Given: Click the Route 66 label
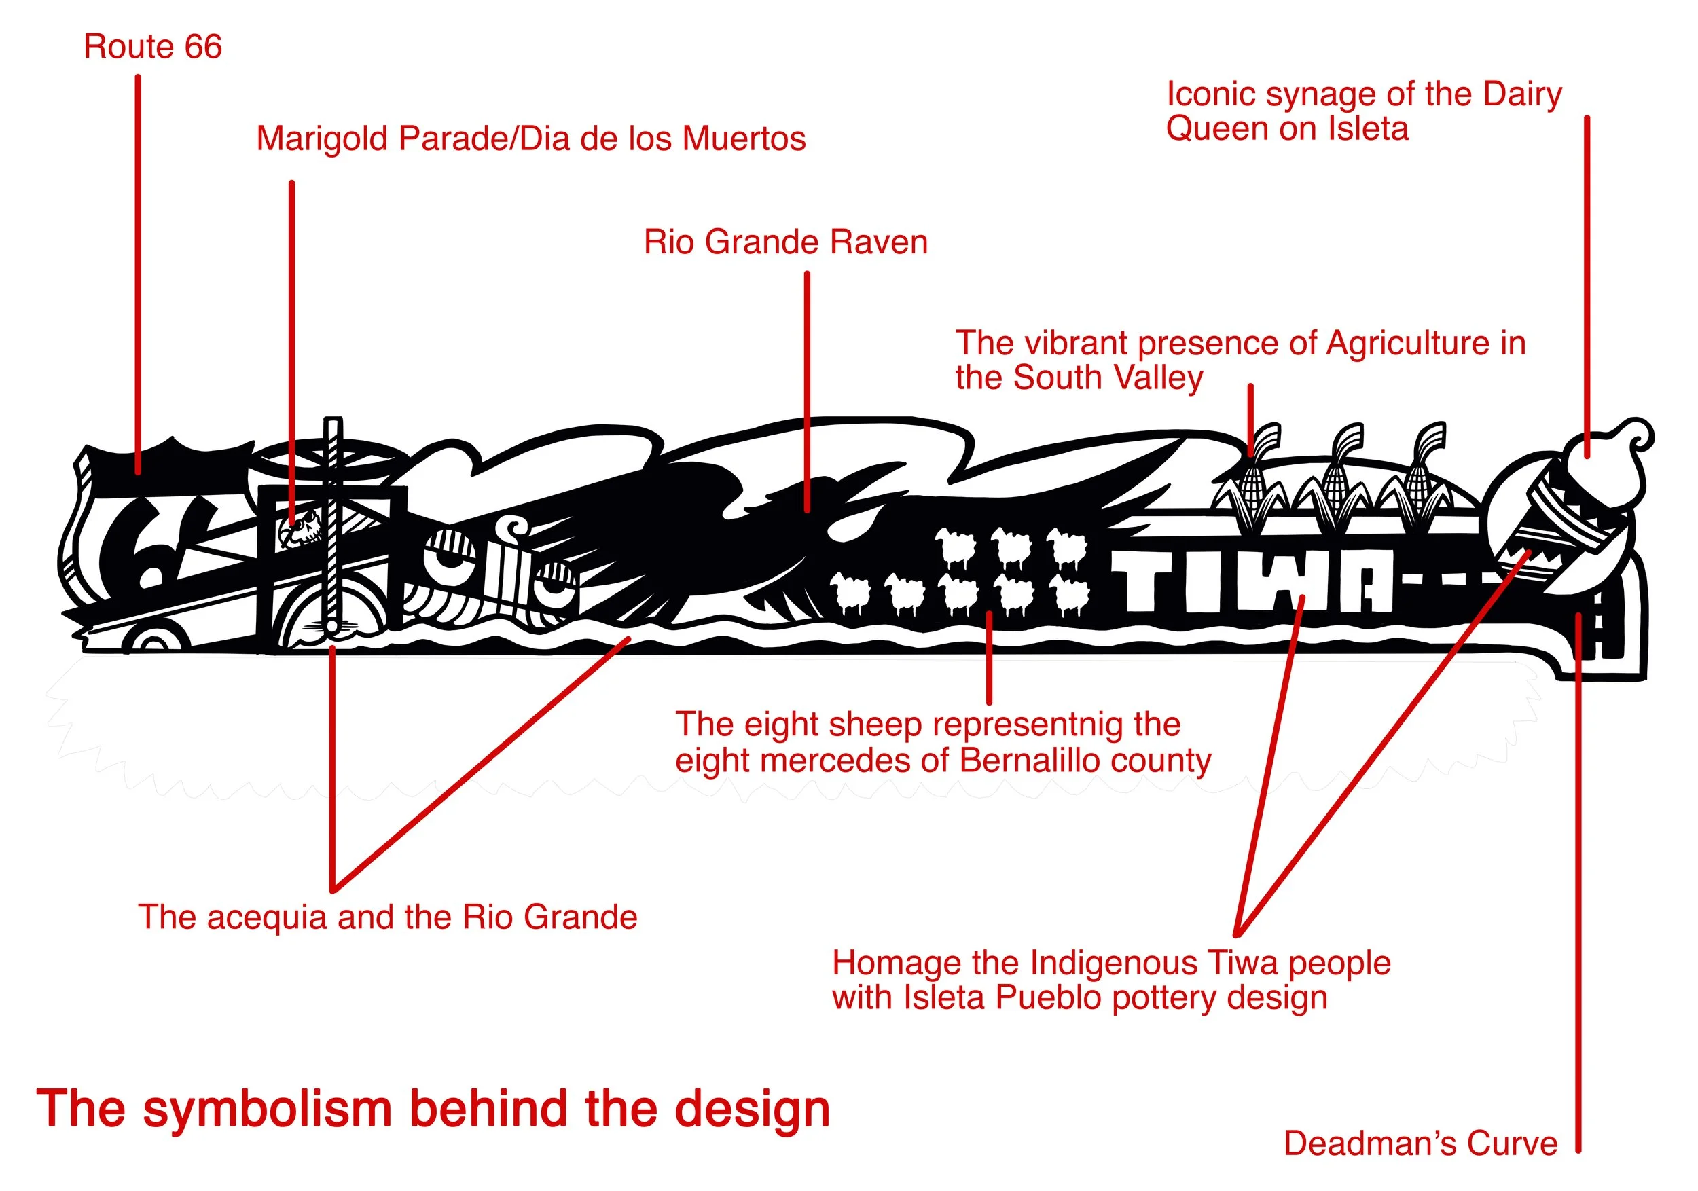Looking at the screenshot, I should (152, 47).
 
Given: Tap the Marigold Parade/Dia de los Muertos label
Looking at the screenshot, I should (530, 139).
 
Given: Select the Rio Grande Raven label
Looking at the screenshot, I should (785, 242).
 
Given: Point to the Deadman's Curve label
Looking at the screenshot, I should (1420, 1143).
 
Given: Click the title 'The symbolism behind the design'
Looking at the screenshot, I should (433, 1109).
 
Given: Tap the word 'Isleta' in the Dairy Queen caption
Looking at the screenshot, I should (1367, 128).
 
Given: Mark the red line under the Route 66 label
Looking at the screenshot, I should (139, 274).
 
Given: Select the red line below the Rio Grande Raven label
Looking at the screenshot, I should (807, 392).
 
